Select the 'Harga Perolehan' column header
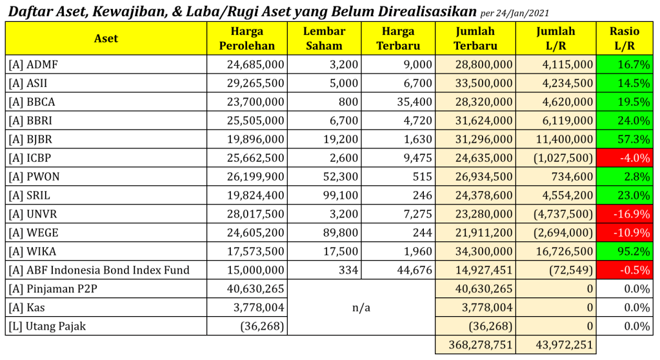pyautogui.click(x=246, y=39)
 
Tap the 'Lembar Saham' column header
pyautogui.click(x=324, y=39)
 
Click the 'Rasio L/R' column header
pyautogui.click(x=624, y=39)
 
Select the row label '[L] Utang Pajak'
pyautogui.click(x=47, y=326)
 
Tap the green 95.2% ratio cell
pyautogui.click(x=624, y=252)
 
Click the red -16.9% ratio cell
pyautogui.click(x=624, y=214)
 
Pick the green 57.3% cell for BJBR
pyautogui.click(x=624, y=139)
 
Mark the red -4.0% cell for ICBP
pyautogui.click(x=624, y=158)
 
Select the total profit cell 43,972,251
pyautogui.click(x=555, y=345)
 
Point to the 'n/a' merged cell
pyautogui.click(x=361, y=308)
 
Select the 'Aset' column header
pyautogui.click(x=106, y=39)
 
